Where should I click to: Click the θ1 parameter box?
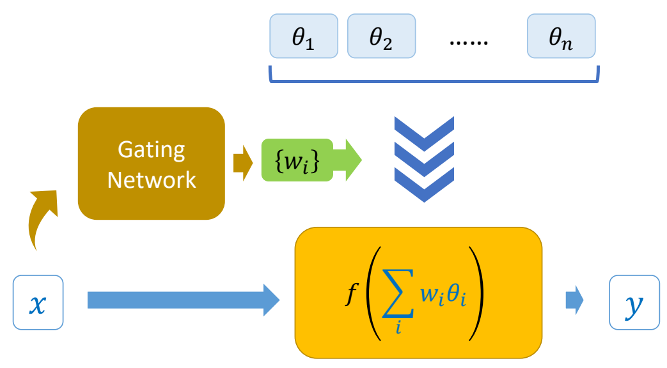304,36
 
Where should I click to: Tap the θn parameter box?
561,36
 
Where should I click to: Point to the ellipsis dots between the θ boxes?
469,41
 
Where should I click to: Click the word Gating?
152,150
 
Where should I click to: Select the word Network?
152,180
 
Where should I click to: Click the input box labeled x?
38,302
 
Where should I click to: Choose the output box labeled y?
634,302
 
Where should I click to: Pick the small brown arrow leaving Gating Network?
241,164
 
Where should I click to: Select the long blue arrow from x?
182,300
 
